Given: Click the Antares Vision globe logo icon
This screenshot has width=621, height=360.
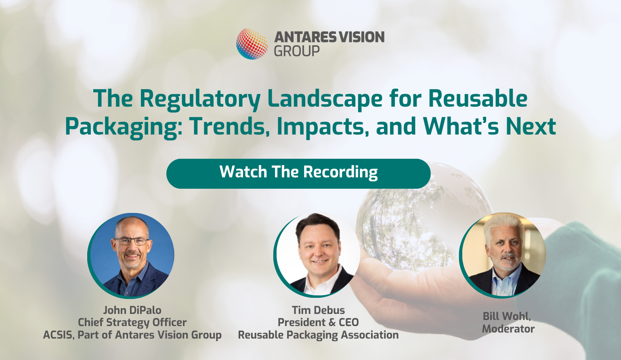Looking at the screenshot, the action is click(252, 44).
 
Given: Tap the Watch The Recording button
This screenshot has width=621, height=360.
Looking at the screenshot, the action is click(298, 174).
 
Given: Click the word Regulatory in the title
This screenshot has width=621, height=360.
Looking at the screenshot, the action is click(200, 99).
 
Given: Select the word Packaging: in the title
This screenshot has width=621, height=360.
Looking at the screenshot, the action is click(124, 127).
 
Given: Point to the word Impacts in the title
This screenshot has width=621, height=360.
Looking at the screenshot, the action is click(323, 127).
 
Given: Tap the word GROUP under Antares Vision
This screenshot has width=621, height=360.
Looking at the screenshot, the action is click(297, 51).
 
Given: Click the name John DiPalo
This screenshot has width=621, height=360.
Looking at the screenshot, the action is click(132, 310).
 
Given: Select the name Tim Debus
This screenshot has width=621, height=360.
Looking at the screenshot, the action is click(318, 310).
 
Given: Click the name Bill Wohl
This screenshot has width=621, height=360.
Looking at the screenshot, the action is click(507, 316).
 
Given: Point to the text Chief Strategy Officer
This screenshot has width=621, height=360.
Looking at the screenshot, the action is click(132, 322).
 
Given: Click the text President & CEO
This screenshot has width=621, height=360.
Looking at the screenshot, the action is click(318, 322).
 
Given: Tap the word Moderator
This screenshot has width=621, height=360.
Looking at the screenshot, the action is click(508, 329).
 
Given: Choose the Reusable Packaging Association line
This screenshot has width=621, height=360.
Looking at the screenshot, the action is click(318, 335).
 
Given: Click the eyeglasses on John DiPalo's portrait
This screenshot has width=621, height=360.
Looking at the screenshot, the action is click(132, 241).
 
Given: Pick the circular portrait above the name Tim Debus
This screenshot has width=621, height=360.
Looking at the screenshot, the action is click(317, 255).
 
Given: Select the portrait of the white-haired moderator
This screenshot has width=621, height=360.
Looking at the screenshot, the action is click(502, 255).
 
